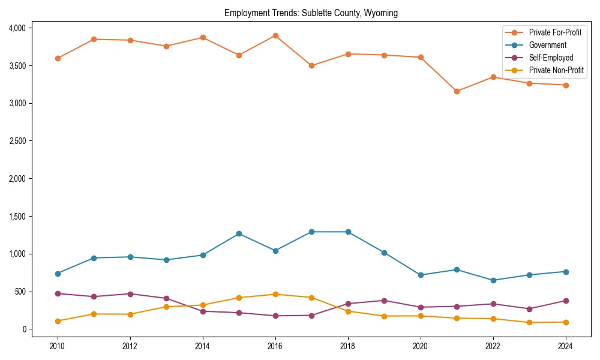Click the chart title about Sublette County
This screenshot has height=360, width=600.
(311, 13)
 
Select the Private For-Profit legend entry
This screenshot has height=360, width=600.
(554, 32)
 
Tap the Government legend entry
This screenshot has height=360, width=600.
(547, 45)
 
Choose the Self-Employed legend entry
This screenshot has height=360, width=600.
(551, 58)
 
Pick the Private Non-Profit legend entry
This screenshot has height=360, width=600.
(556, 71)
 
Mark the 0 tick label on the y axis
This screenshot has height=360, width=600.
(25, 329)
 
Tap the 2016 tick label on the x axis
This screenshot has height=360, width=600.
(275, 346)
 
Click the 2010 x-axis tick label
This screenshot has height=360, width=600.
(58, 346)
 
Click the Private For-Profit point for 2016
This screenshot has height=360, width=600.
(275, 35)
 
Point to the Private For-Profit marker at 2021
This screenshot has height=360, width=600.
(457, 91)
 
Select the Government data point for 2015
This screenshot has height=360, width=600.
(239, 233)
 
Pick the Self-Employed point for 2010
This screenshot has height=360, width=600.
(58, 293)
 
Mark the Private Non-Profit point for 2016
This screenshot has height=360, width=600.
(275, 294)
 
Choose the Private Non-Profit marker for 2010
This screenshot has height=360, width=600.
(58, 321)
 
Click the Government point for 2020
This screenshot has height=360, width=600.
(421, 275)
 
